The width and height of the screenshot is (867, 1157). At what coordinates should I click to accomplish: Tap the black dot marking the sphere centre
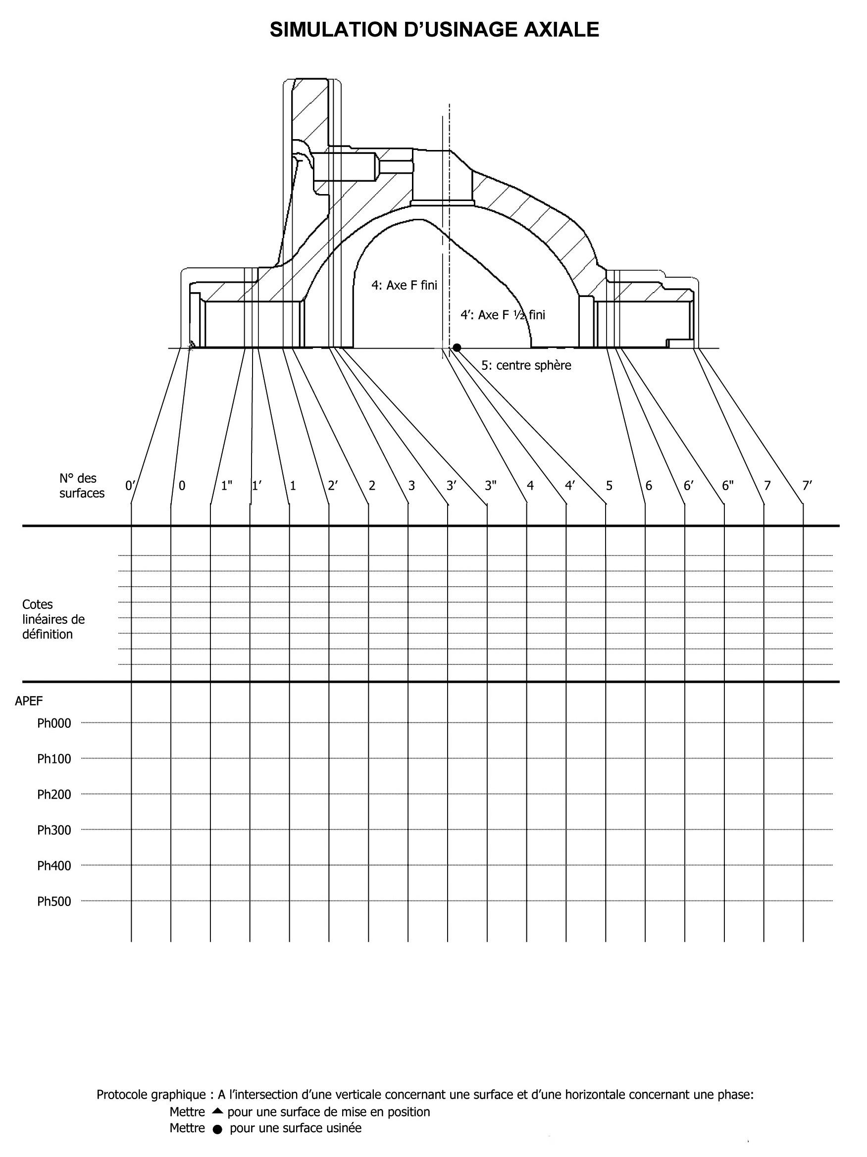(x=457, y=348)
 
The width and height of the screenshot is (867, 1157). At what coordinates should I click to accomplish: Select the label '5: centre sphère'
(x=526, y=365)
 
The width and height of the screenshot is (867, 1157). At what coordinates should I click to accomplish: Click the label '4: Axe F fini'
(x=404, y=285)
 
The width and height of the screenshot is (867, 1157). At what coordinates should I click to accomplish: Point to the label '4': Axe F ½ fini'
(x=502, y=314)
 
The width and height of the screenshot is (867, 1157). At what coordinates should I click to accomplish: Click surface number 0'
(x=130, y=485)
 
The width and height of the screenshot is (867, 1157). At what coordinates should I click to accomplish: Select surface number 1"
(x=227, y=485)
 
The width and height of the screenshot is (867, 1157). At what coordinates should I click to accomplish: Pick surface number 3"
(x=490, y=485)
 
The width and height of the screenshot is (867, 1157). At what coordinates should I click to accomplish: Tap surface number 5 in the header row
(x=609, y=485)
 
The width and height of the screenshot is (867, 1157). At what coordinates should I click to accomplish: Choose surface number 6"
(x=728, y=485)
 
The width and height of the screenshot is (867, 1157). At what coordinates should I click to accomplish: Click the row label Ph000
(x=54, y=723)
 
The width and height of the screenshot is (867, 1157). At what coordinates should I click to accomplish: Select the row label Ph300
(x=54, y=830)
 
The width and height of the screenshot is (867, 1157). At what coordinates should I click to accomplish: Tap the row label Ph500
(x=54, y=901)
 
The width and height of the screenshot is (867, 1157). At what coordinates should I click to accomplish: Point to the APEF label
(x=29, y=701)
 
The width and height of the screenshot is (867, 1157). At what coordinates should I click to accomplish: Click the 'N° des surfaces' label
(x=82, y=485)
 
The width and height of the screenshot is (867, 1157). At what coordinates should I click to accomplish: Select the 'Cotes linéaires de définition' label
(x=53, y=619)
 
